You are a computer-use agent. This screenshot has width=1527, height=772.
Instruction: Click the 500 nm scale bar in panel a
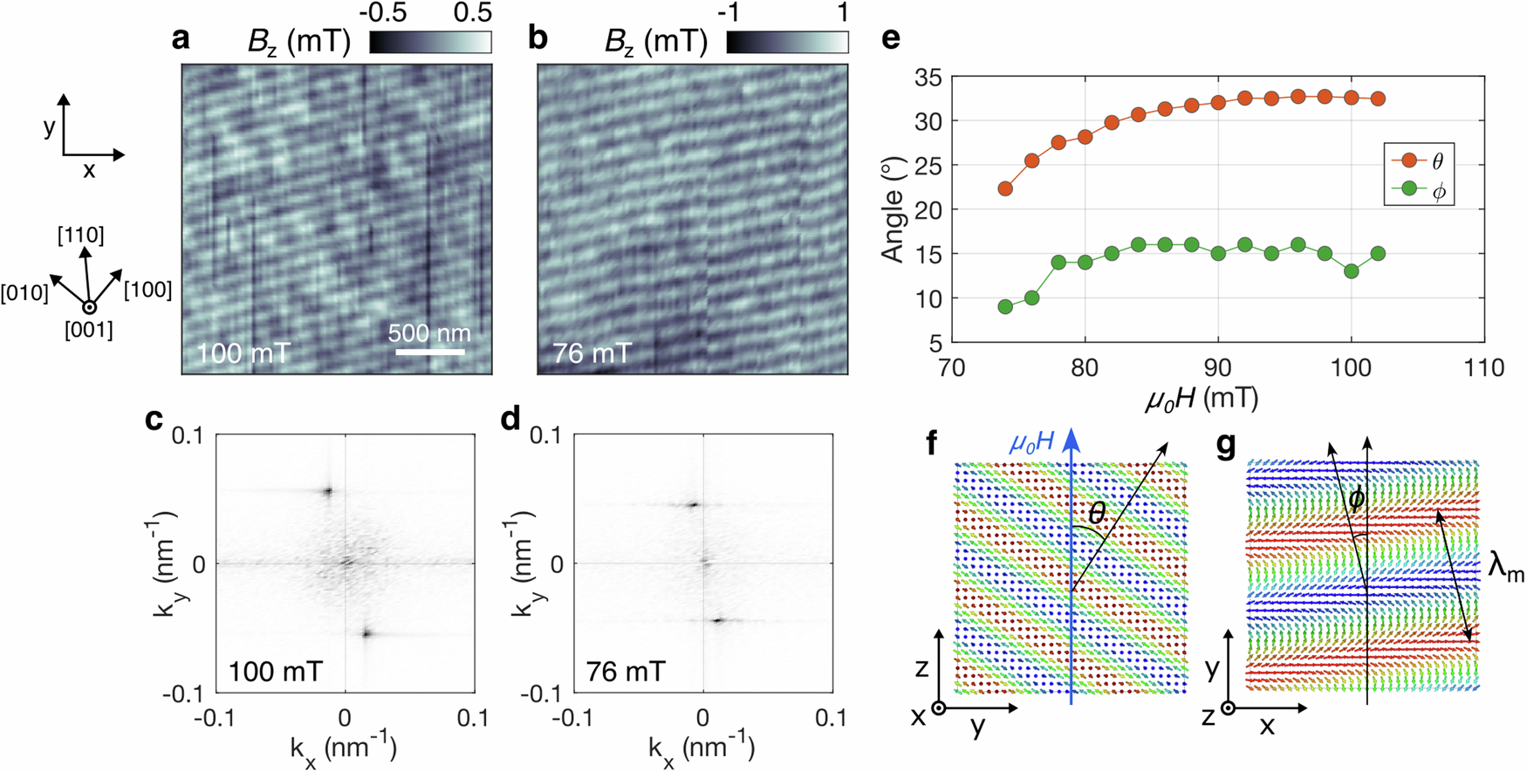(429, 352)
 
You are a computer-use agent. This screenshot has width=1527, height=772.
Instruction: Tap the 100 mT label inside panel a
(243, 354)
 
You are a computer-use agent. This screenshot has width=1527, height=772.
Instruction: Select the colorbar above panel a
(430, 42)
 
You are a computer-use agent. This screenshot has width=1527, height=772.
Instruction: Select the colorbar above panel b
(787, 42)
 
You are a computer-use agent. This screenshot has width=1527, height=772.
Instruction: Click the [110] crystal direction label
(81, 235)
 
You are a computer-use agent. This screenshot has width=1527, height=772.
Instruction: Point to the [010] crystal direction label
(24, 292)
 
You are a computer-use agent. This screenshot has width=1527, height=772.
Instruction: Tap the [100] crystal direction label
(147, 289)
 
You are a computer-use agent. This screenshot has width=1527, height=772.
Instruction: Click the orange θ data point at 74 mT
(1005, 188)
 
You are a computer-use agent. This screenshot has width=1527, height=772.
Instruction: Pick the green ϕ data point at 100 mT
(1352, 271)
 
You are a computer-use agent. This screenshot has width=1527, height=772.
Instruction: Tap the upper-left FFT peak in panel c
(328, 491)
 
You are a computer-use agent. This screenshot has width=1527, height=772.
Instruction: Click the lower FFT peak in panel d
(718, 620)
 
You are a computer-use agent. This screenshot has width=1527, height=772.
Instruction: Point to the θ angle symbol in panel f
(1097, 513)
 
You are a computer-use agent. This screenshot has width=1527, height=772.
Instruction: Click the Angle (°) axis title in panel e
(893, 210)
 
